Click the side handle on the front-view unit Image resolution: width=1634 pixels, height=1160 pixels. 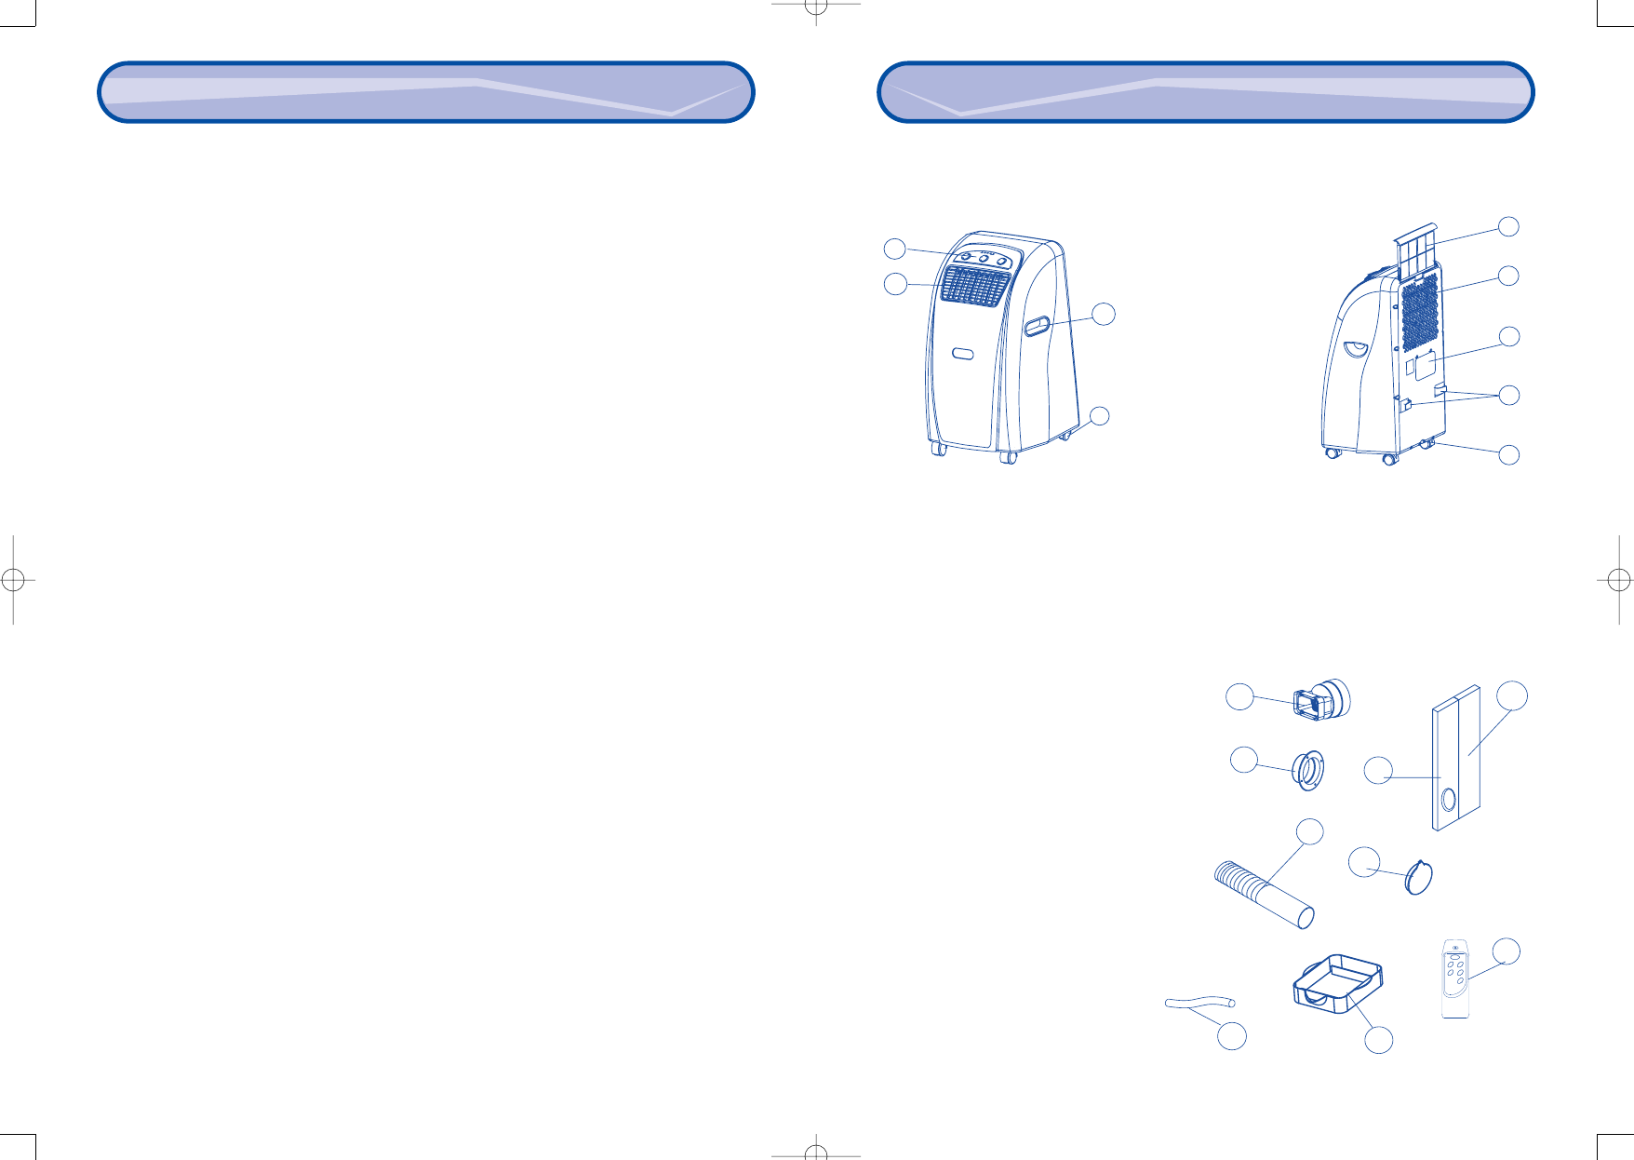[x=1038, y=326]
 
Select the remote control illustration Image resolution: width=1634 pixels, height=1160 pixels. [x=1455, y=979]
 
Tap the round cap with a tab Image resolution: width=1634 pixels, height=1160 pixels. [x=1418, y=877]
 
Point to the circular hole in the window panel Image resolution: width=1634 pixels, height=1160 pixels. [x=1448, y=799]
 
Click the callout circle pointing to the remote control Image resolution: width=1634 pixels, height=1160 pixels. [x=1507, y=951]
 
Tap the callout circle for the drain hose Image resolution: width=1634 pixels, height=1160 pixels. [x=1232, y=1036]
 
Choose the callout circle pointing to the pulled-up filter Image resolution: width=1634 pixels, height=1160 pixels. [x=1508, y=226]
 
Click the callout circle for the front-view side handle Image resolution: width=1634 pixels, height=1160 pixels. [x=1103, y=314]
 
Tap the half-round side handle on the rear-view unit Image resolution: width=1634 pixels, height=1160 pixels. [x=1355, y=348]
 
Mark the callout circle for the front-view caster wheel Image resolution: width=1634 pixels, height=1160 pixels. [x=1100, y=415]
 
